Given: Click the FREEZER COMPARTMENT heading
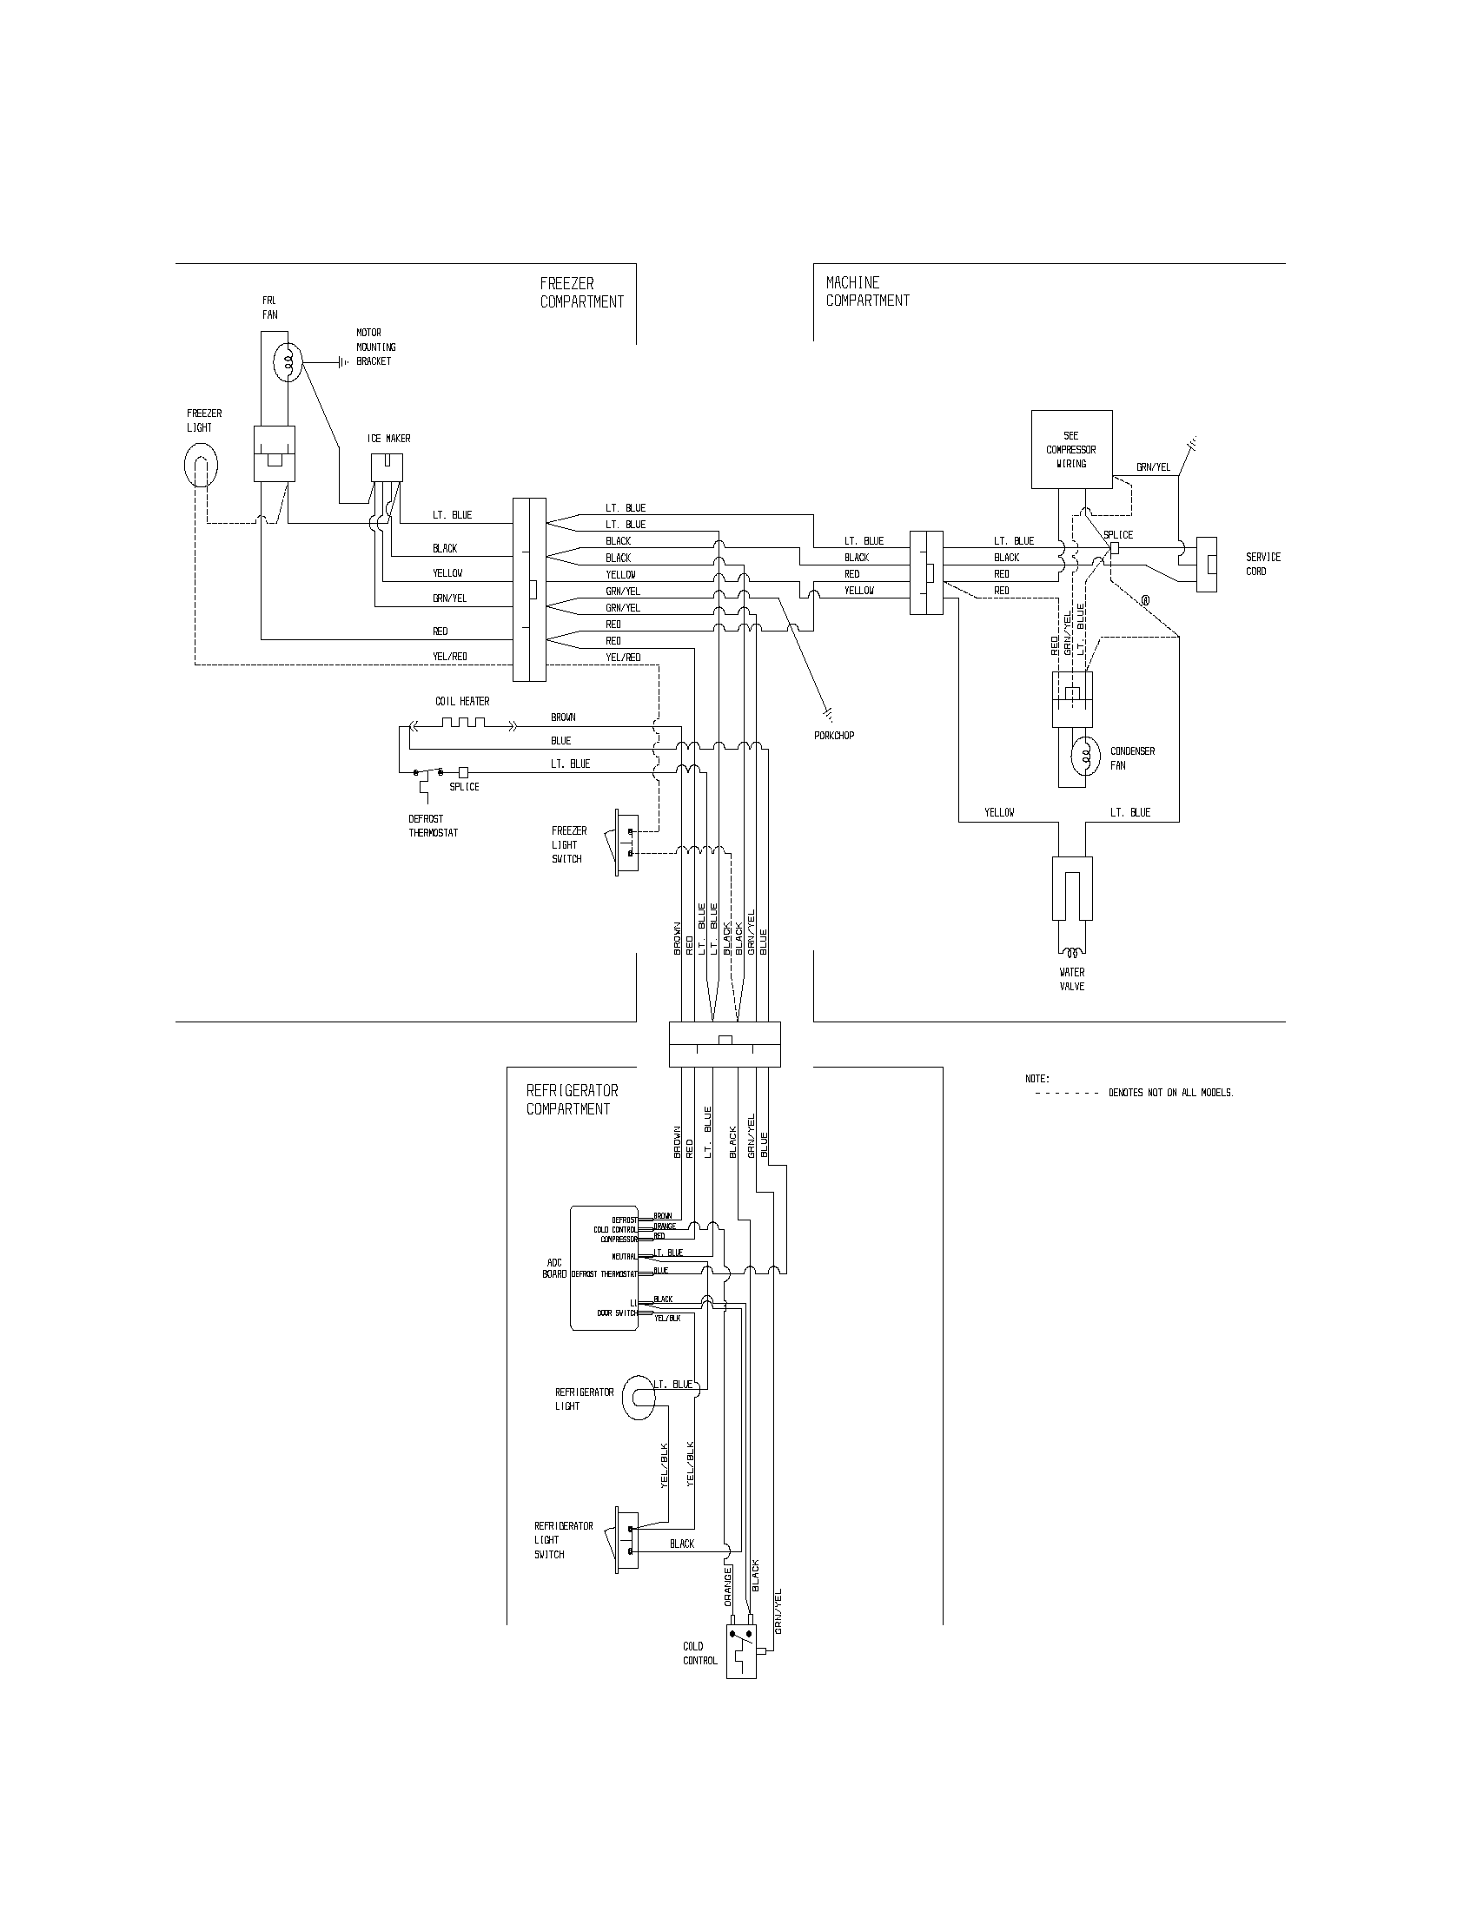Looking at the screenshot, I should point(581,293).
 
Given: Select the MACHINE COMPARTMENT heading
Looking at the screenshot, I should point(867,291).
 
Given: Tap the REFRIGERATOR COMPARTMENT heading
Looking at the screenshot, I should point(572,1100).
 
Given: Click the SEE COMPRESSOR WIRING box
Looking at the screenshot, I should point(1071,449).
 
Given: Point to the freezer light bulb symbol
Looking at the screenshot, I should point(201,466).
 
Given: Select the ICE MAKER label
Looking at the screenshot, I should point(388,439).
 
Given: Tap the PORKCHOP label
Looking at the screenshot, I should point(833,736).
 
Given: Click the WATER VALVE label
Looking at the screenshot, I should point(1071,979).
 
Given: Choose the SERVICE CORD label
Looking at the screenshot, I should point(1262,564).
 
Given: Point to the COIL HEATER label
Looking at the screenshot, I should point(462,701).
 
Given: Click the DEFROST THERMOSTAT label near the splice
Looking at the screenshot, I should point(433,826).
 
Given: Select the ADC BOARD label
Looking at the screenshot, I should point(554,1268).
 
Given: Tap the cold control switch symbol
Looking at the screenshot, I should point(741,1651).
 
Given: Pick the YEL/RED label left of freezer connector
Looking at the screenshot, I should point(449,656).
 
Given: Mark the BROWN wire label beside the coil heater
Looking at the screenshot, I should point(563,717).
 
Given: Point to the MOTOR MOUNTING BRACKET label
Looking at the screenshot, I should point(375,347).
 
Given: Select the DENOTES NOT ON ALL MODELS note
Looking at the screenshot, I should point(1170,1093).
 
